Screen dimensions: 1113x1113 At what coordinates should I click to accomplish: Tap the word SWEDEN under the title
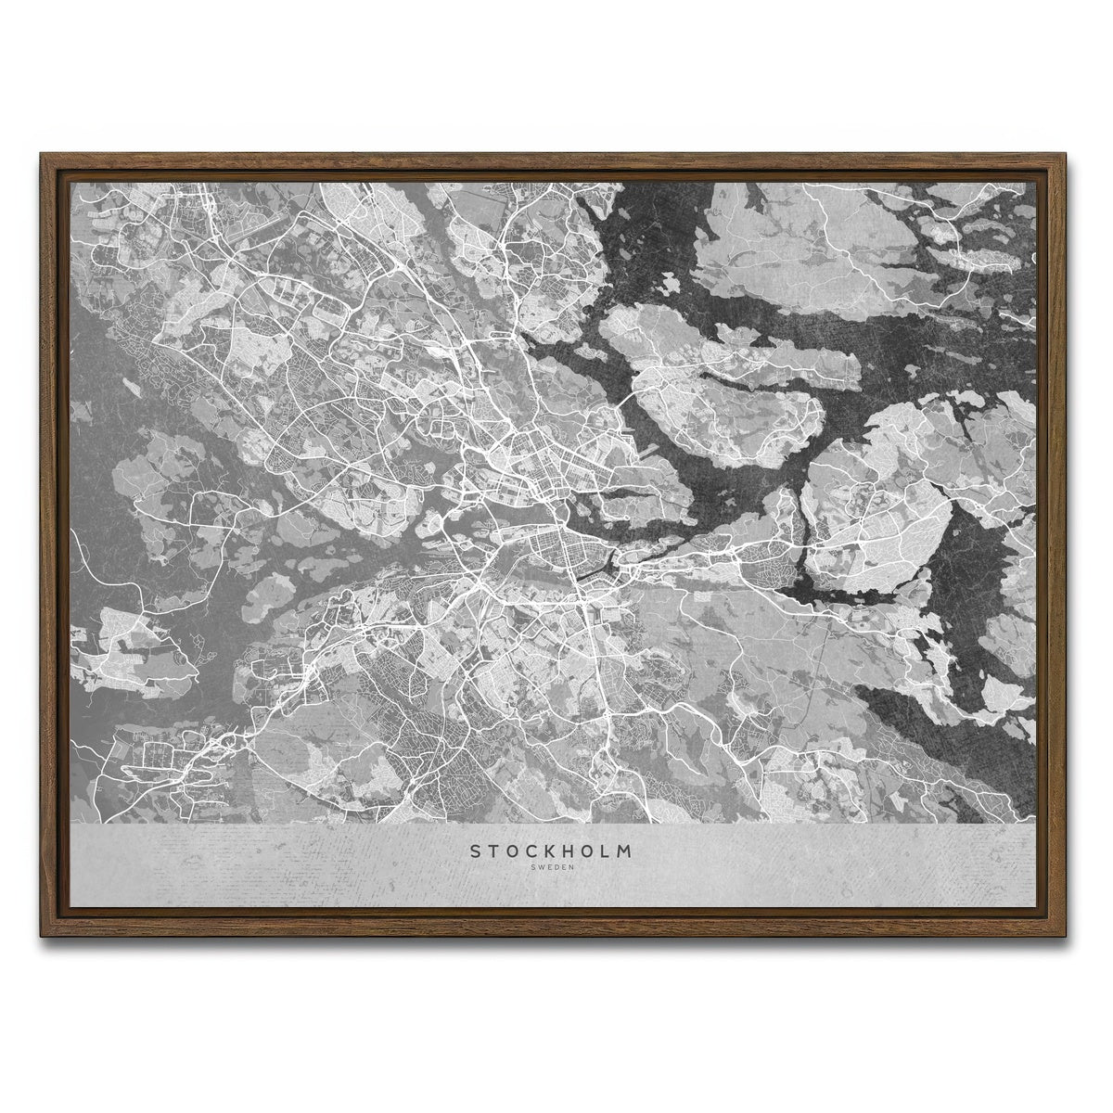click(553, 867)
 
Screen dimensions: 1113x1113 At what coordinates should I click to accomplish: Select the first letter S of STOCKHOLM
click(475, 850)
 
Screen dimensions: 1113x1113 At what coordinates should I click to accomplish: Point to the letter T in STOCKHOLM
click(493, 850)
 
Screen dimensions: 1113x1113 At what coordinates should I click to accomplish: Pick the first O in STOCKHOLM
click(513, 850)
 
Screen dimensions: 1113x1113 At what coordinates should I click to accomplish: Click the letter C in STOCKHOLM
click(533, 850)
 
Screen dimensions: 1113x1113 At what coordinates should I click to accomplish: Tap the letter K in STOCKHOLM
click(553, 850)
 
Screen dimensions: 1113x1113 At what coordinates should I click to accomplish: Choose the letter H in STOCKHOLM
click(571, 850)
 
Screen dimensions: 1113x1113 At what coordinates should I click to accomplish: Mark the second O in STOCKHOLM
click(592, 850)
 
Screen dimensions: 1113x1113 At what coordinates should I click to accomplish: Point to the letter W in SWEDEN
click(541, 867)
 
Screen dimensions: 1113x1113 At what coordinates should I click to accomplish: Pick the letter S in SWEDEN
click(532, 867)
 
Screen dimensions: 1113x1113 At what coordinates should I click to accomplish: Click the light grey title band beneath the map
click(278, 863)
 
